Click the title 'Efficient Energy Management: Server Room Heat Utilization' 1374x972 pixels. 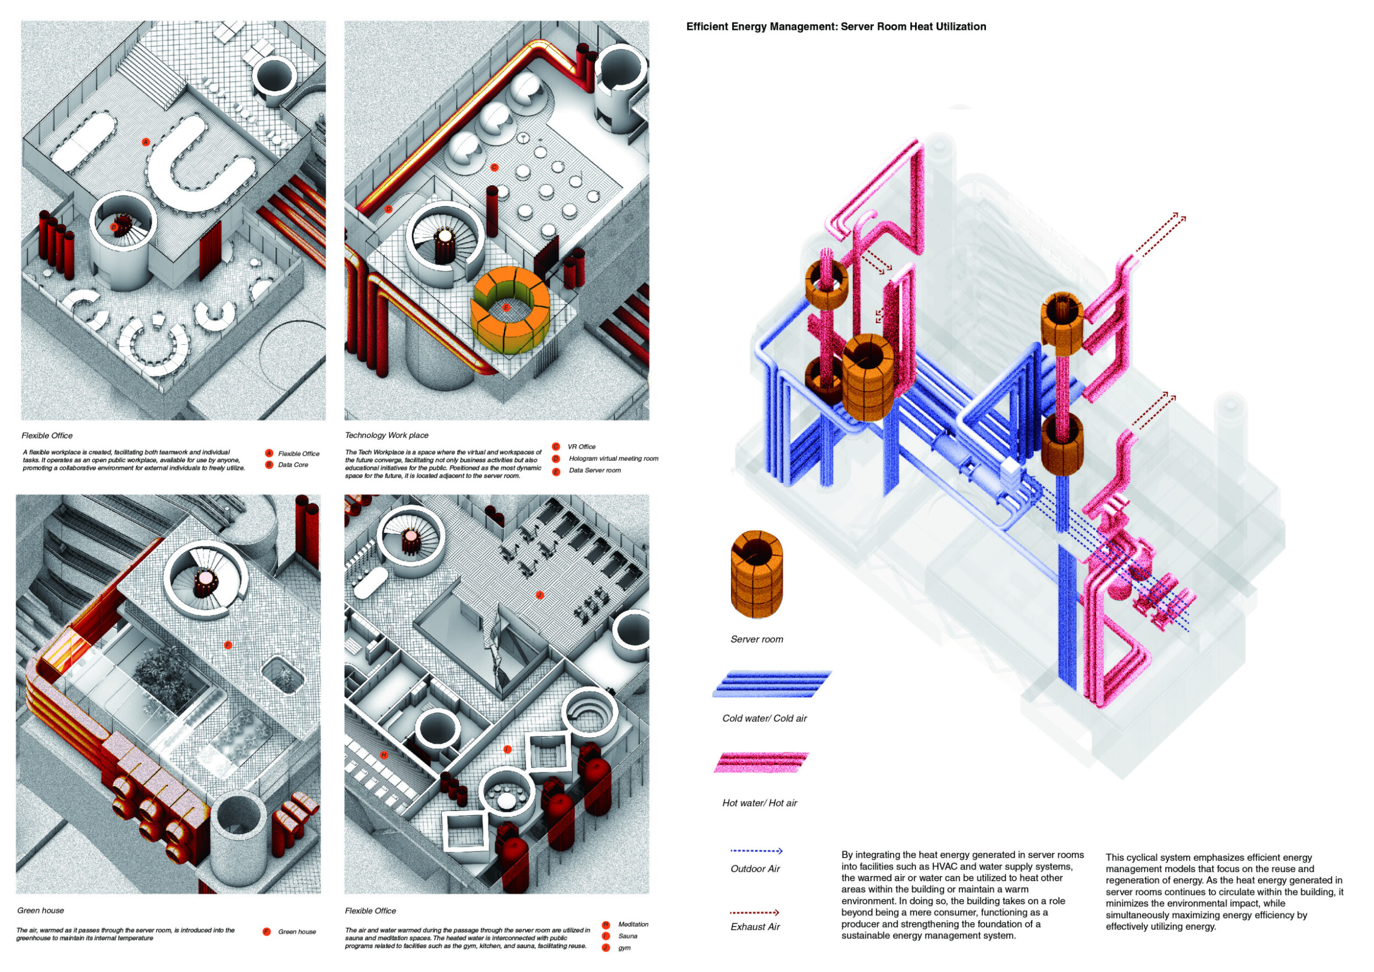tap(835, 27)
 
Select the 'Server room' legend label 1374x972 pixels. tap(756, 639)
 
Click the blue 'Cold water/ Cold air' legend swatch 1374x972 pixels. tap(772, 683)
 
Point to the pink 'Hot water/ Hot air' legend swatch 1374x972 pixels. tap(761, 763)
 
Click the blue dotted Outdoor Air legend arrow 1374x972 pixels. tap(756, 851)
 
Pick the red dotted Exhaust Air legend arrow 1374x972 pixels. tap(754, 913)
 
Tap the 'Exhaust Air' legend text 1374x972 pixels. tap(755, 927)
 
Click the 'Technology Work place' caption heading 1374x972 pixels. tap(386, 435)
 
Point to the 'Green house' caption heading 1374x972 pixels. tap(41, 910)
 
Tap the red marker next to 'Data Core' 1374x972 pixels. tap(269, 465)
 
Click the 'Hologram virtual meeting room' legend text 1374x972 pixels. tap(613, 459)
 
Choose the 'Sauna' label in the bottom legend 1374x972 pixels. tap(627, 936)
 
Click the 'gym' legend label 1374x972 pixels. tap(624, 948)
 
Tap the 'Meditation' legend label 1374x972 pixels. tap(633, 925)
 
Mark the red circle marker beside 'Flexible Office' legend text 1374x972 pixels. tap(269, 453)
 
